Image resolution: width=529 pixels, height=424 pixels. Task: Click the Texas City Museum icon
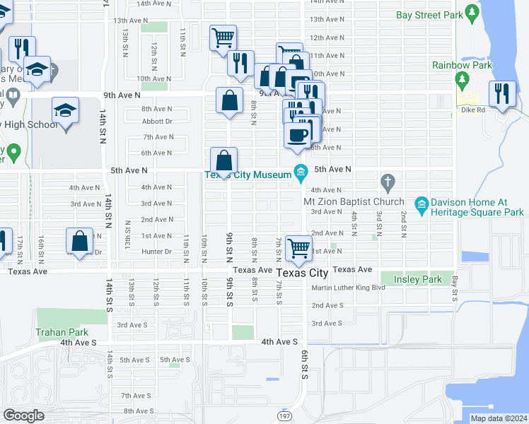(x=301, y=172)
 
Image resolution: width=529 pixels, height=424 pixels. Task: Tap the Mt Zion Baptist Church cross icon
(x=387, y=182)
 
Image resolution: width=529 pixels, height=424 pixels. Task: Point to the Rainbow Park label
(x=462, y=66)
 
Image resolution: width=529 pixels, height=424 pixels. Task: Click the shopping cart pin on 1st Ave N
(x=298, y=247)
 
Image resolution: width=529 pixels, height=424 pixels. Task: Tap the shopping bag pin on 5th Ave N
(x=223, y=160)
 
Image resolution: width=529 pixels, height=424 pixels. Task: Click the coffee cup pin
(x=297, y=134)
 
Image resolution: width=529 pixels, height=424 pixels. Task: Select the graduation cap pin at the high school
(x=65, y=110)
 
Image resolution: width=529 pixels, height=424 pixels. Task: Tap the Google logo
(x=23, y=416)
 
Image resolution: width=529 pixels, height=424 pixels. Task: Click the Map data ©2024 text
(x=498, y=418)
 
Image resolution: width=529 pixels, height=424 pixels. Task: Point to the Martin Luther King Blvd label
(x=348, y=288)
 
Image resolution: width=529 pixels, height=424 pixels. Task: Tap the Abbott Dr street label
(x=157, y=121)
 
